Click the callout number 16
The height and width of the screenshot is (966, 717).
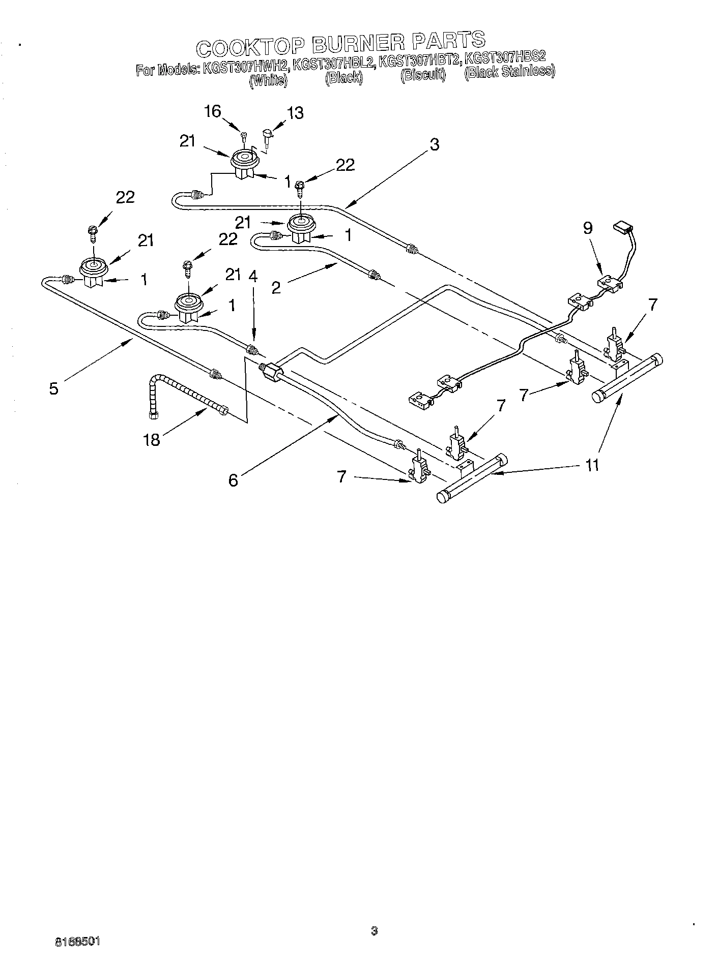[x=213, y=111]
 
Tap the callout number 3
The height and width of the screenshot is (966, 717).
[x=434, y=144]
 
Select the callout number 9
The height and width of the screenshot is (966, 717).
[x=588, y=228]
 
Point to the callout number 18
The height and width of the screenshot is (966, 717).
[x=152, y=440]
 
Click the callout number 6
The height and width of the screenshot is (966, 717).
[x=233, y=479]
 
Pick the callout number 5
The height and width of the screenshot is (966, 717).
[x=53, y=389]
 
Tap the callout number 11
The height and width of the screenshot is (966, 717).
[x=592, y=465]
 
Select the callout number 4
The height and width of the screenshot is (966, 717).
[x=253, y=277]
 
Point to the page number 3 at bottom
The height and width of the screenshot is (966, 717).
[x=374, y=931]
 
